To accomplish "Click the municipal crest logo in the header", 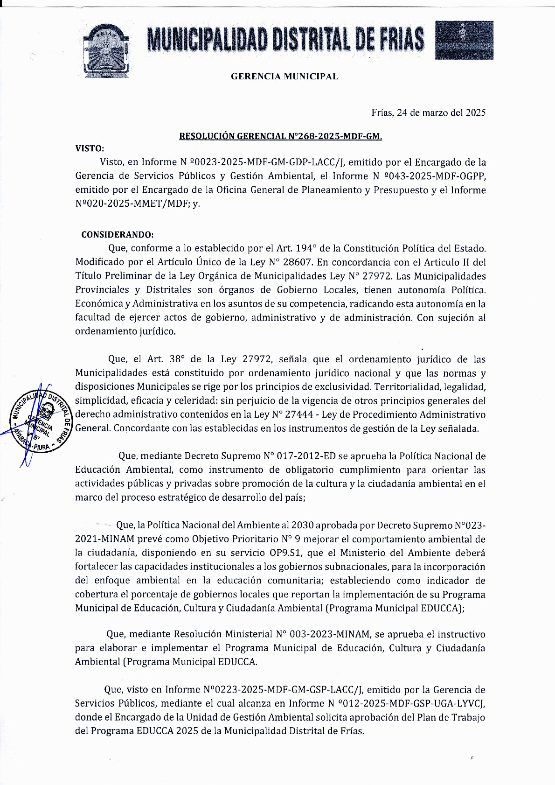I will click(x=106, y=50).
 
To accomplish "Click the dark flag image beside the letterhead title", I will click(x=464, y=40).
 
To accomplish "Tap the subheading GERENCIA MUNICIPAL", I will click(x=284, y=77).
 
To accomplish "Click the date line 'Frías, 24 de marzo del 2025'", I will click(x=428, y=112).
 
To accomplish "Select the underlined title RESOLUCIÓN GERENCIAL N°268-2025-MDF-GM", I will click(x=281, y=136).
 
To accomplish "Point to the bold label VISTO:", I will click(x=90, y=148).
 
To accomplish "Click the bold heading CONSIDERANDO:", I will click(x=117, y=234).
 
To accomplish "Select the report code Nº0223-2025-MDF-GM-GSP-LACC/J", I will click(x=283, y=690).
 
